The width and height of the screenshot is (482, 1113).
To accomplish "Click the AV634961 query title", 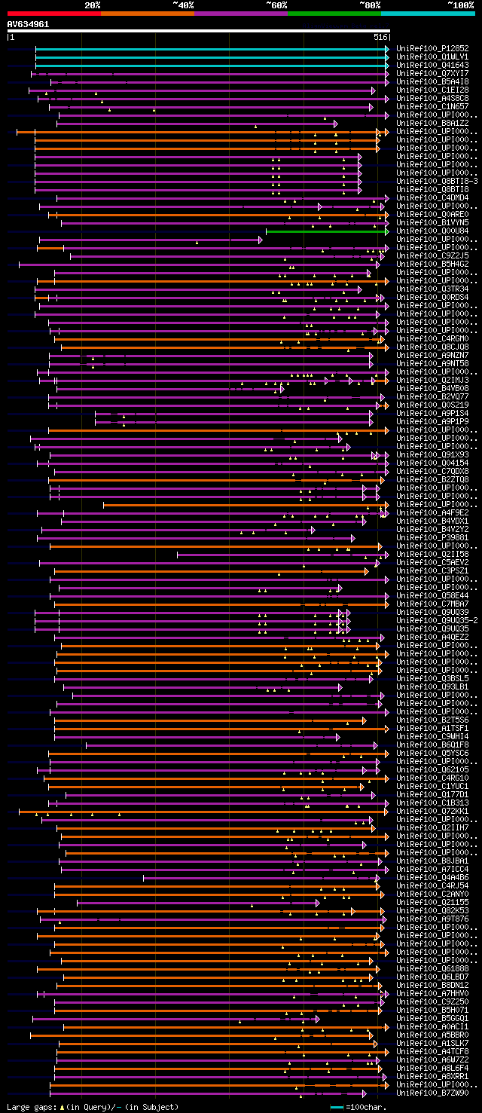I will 29,24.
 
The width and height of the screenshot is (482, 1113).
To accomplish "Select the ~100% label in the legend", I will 460,5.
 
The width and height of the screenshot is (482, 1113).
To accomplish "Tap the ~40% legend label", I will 183,5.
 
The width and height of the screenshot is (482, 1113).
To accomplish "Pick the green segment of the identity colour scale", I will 334,13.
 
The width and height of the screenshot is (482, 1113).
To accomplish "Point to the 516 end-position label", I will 380,37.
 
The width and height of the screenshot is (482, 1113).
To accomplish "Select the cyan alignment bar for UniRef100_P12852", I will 211,48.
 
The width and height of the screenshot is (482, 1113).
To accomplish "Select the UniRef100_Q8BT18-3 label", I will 437,181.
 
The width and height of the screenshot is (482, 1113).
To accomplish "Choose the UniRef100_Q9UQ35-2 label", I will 437,620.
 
